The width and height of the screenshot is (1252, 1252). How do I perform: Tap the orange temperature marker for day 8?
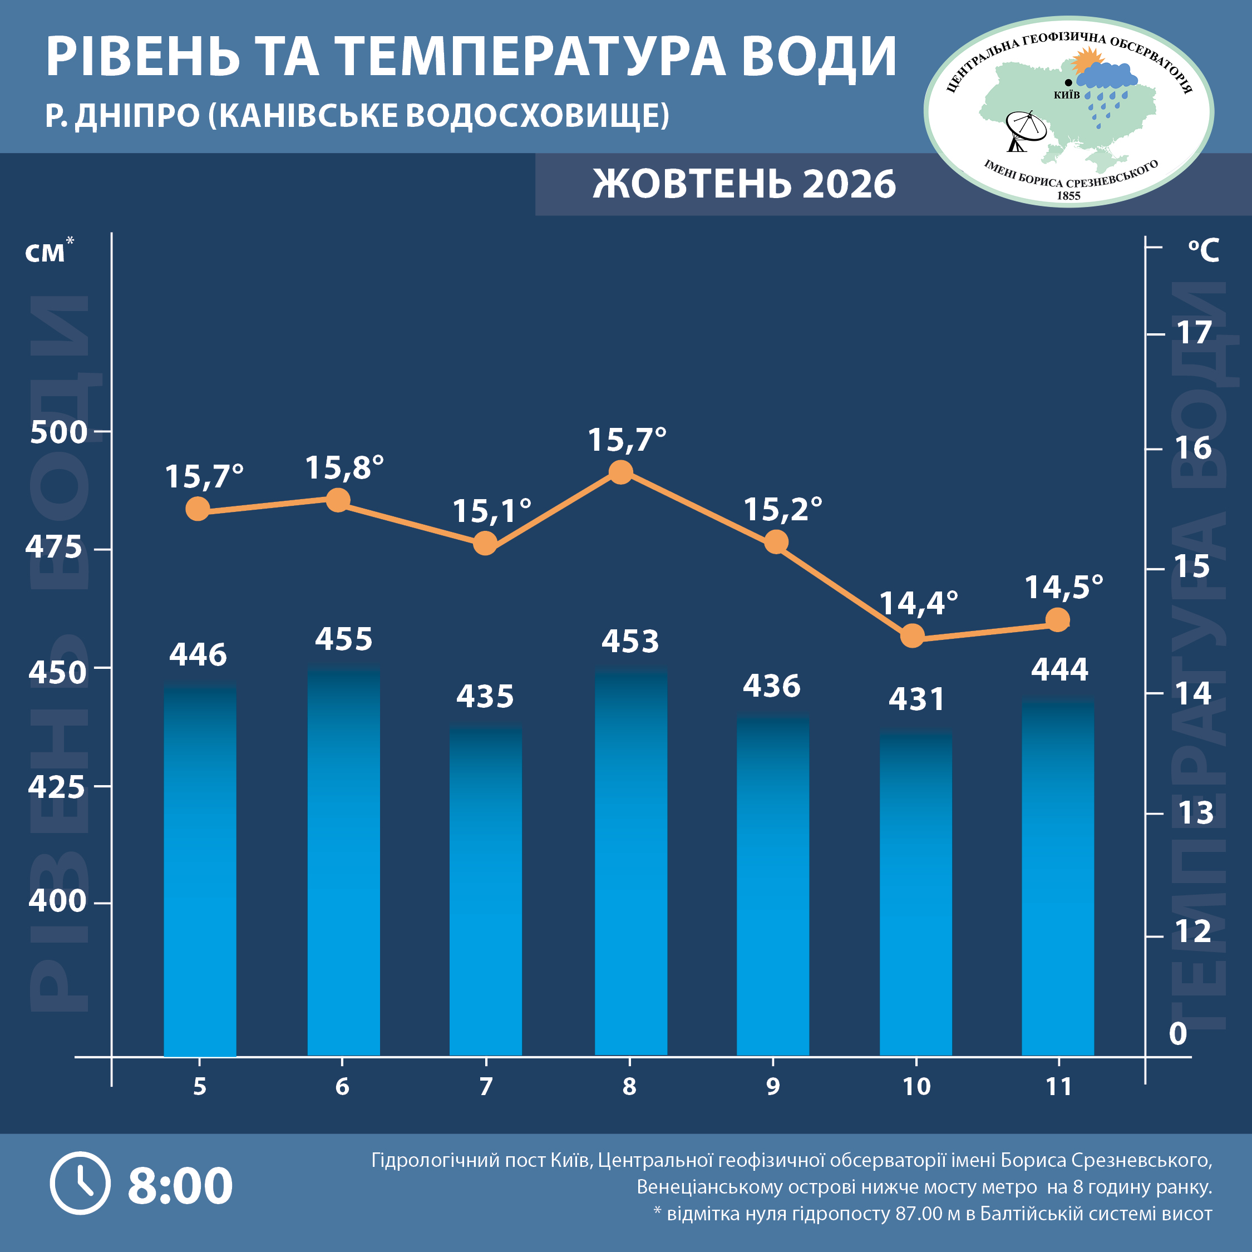(621, 472)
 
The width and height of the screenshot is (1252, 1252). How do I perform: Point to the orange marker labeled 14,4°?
(913, 635)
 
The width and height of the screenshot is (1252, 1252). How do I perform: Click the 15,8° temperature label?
(344, 467)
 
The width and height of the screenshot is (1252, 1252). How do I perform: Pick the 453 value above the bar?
(630, 642)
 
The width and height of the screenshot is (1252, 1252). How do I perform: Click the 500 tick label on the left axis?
(58, 432)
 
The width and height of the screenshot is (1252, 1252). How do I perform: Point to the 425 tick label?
(56, 787)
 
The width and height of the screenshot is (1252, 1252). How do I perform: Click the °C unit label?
(1204, 250)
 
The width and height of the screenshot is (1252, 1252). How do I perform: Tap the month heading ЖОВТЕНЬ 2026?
(744, 184)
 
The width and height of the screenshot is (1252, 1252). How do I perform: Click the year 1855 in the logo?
(1068, 196)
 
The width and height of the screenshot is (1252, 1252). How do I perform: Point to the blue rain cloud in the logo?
(1107, 76)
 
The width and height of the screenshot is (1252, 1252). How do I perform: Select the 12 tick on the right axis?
(1194, 931)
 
